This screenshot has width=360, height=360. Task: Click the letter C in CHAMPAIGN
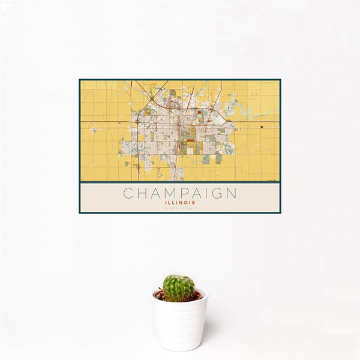[128, 194]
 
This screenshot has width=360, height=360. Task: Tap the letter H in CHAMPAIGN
[142, 194]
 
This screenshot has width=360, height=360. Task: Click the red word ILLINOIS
[180, 203]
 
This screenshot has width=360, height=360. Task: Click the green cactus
[179, 288]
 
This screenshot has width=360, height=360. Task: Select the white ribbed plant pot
[179, 324]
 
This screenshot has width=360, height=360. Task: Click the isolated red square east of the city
[262, 127]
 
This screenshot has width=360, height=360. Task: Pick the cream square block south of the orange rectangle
[191, 151]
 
